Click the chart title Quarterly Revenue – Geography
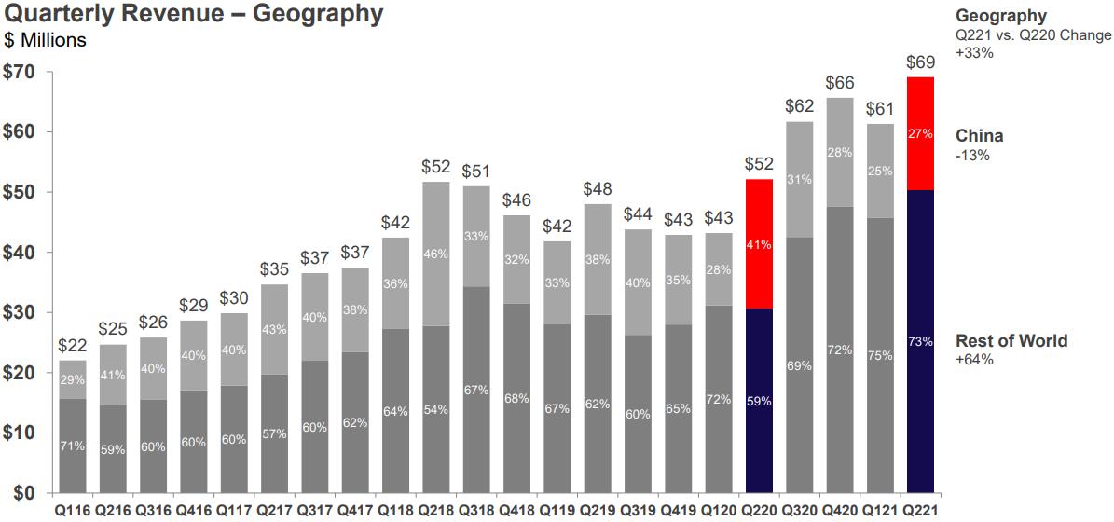click(x=193, y=14)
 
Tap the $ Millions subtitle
click(x=46, y=40)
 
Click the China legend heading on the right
click(x=979, y=136)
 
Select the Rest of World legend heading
click(x=1011, y=341)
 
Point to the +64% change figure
click(x=974, y=360)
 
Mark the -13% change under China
click(x=972, y=155)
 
